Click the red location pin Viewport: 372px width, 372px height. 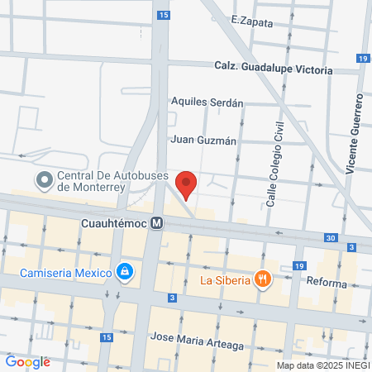point(187,184)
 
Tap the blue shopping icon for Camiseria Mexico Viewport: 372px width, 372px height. point(124,271)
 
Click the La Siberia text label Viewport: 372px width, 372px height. point(226,279)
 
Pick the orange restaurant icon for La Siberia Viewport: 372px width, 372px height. point(263,279)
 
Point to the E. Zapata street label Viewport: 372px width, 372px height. point(252,22)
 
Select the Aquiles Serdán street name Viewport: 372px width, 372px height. point(207,103)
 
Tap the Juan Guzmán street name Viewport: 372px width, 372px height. point(203,140)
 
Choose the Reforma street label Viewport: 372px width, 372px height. point(326,284)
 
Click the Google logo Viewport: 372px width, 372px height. point(27,362)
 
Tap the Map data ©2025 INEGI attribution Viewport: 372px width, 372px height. point(322,365)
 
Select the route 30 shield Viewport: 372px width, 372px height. point(331,238)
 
